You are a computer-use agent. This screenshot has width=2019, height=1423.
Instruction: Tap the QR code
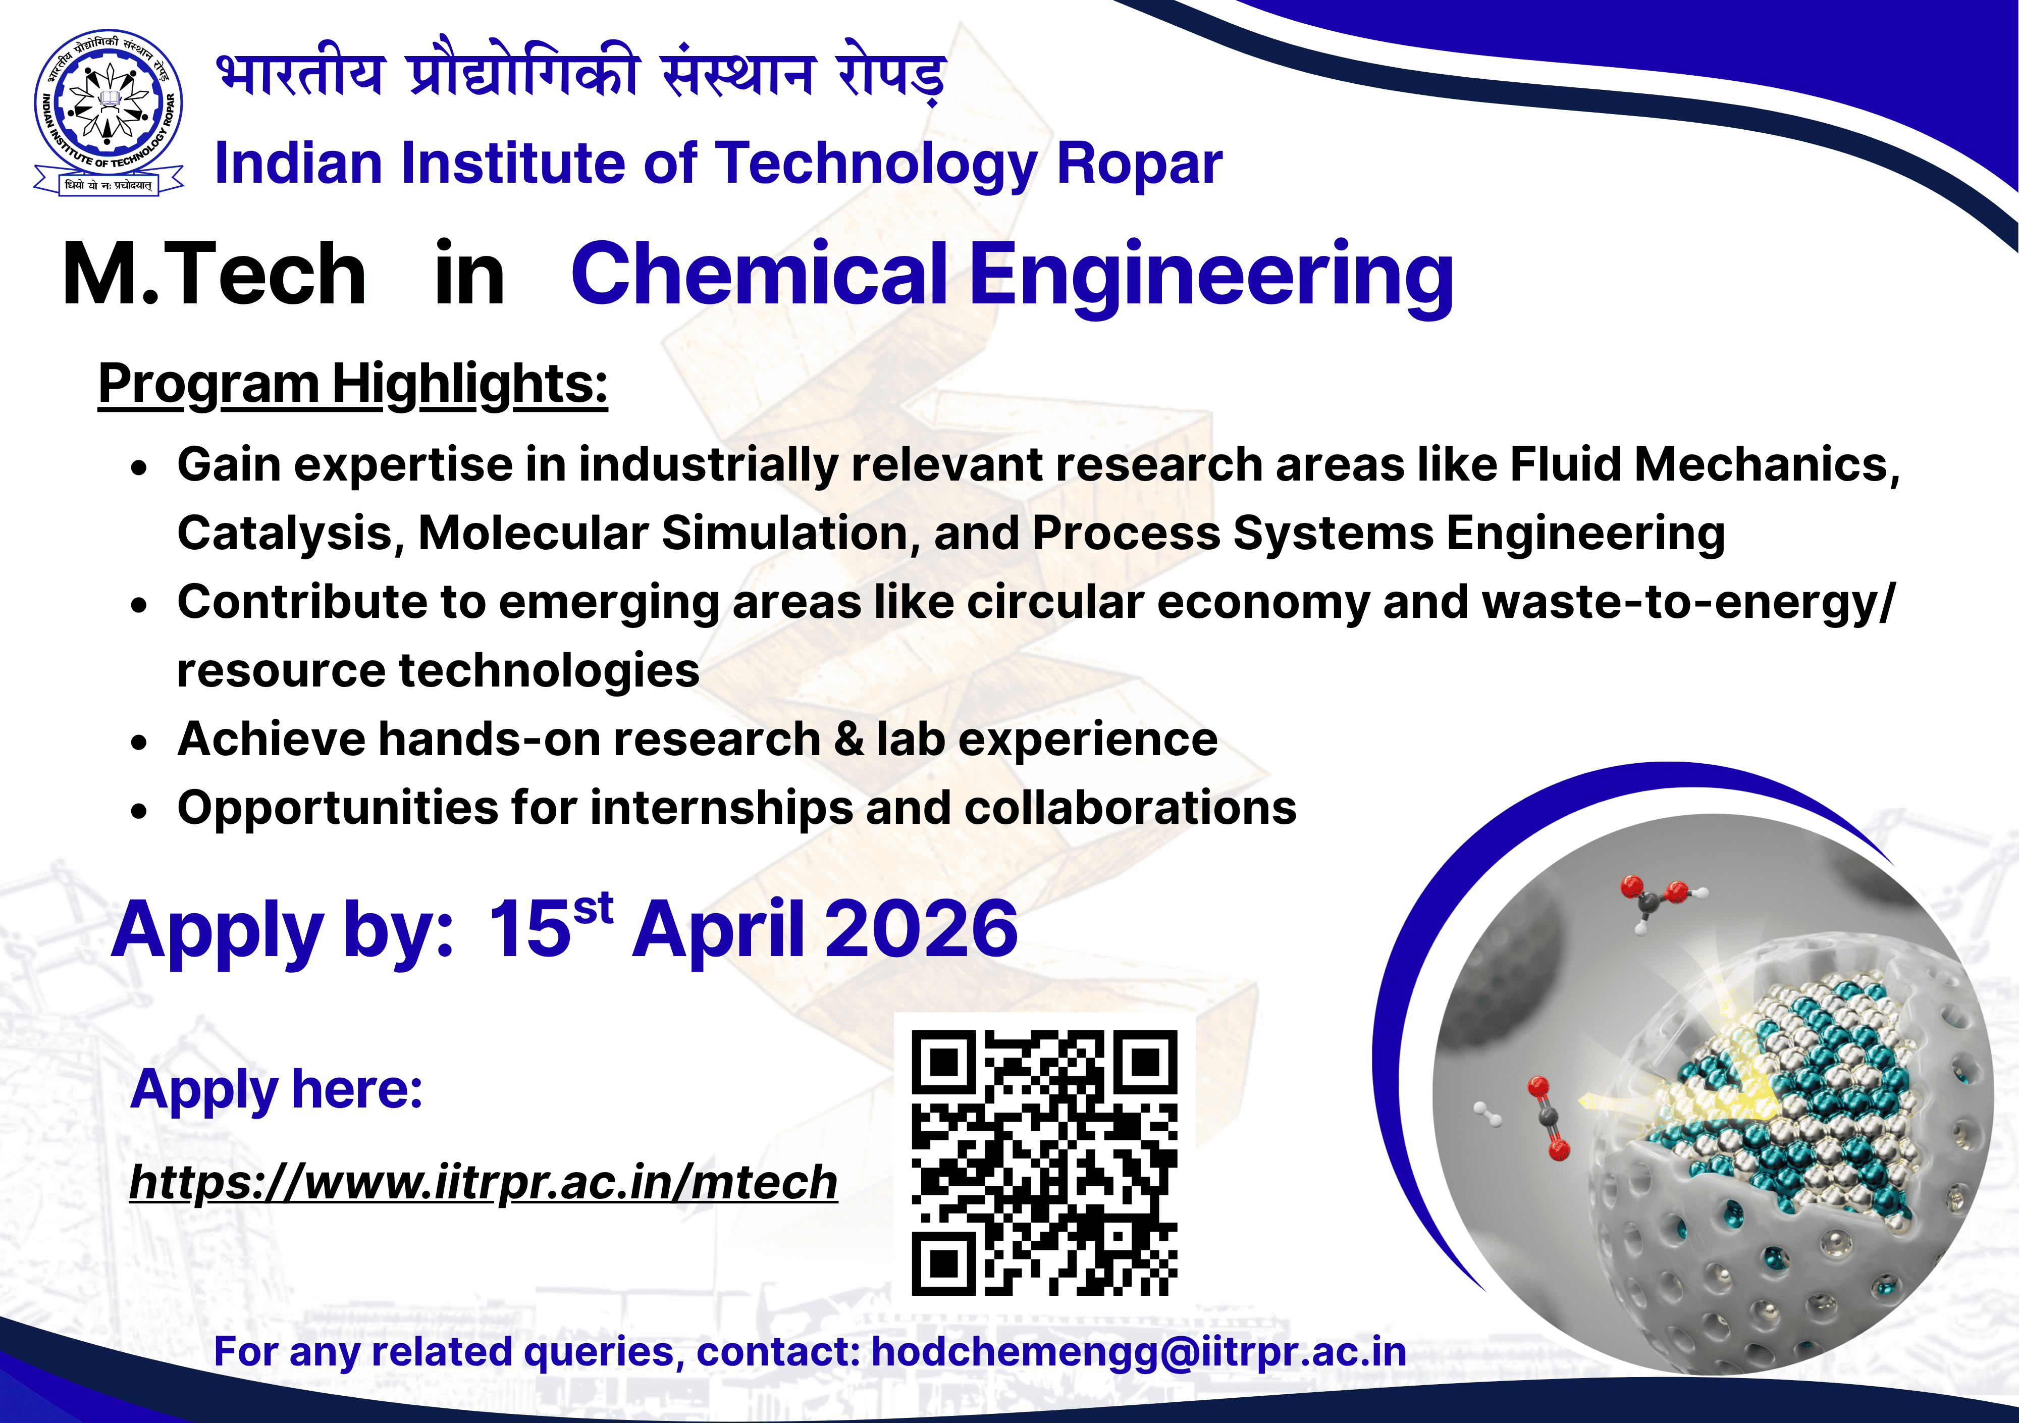point(1044,1163)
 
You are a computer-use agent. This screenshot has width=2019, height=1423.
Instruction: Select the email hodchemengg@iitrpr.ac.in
point(1139,1352)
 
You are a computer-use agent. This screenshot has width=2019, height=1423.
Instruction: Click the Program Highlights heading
point(353,385)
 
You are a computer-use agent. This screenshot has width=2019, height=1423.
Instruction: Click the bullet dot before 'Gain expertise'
point(139,468)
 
